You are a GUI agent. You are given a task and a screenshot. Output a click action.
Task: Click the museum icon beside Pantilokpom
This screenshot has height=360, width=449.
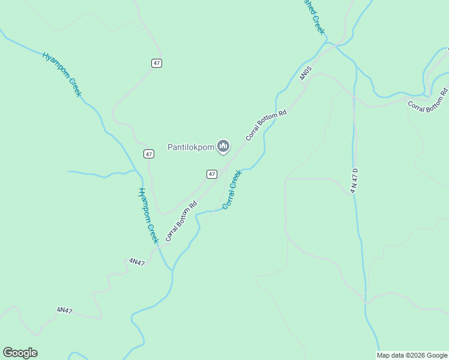pyautogui.click(x=223, y=146)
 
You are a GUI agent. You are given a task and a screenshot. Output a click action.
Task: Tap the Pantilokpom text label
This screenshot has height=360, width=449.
pyautogui.click(x=190, y=146)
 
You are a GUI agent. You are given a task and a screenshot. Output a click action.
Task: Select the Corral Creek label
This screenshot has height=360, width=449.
pyautogui.click(x=232, y=190)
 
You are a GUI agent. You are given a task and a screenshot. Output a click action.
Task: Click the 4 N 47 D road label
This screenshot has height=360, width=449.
pyautogui.click(x=354, y=181)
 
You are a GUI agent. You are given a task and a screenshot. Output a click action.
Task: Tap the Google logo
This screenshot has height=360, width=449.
pyautogui.click(x=20, y=353)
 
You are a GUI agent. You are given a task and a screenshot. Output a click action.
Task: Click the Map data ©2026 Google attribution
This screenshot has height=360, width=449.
pyautogui.click(x=412, y=355)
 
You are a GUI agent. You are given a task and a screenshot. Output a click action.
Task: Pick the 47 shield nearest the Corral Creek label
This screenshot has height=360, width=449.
pyautogui.click(x=211, y=174)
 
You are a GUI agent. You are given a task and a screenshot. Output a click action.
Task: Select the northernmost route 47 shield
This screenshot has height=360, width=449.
pyautogui.click(x=157, y=63)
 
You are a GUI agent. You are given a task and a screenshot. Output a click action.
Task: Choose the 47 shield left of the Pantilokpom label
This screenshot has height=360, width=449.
pyautogui.click(x=149, y=154)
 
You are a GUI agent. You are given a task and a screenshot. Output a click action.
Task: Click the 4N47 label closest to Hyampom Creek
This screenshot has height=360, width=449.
pyautogui.click(x=137, y=262)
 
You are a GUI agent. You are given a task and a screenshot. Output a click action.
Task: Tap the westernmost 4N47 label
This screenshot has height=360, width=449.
pyautogui.click(x=65, y=310)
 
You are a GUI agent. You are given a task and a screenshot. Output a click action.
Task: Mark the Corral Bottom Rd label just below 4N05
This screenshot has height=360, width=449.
pyautogui.click(x=266, y=125)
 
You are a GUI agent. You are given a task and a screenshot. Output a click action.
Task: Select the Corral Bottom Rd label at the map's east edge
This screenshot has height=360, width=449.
pyautogui.click(x=428, y=100)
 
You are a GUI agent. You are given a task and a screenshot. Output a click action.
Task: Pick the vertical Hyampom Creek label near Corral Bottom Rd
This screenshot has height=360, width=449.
pyautogui.click(x=148, y=215)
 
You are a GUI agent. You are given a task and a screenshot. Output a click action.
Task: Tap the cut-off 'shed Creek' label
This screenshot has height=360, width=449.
pyautogui.click(x=313, y=16)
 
